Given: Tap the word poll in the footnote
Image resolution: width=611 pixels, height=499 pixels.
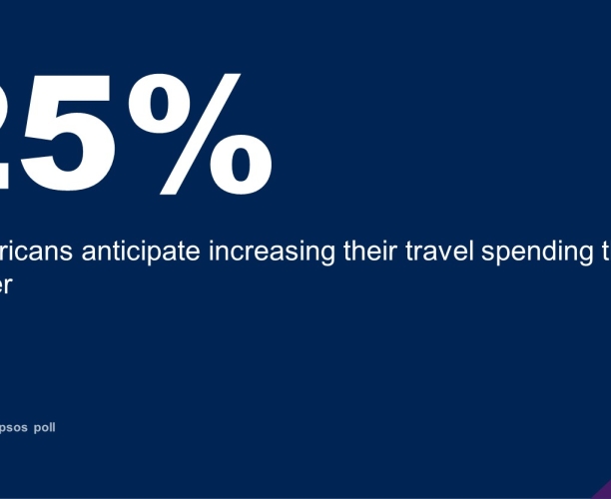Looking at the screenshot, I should [x=45, y=427].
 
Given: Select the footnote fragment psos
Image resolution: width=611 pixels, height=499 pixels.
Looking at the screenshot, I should [x=13, y=428].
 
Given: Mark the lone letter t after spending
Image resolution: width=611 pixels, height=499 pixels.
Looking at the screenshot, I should [x=605, y=225].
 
